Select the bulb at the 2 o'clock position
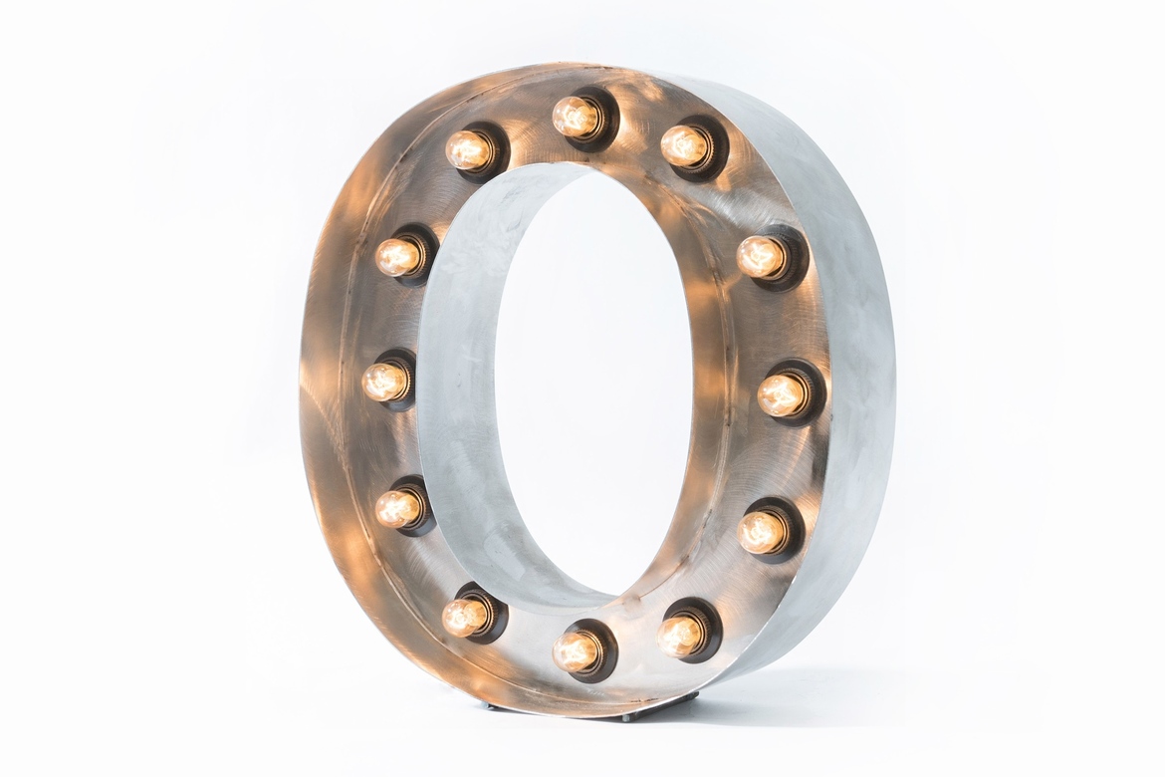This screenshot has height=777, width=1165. point(760,257)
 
